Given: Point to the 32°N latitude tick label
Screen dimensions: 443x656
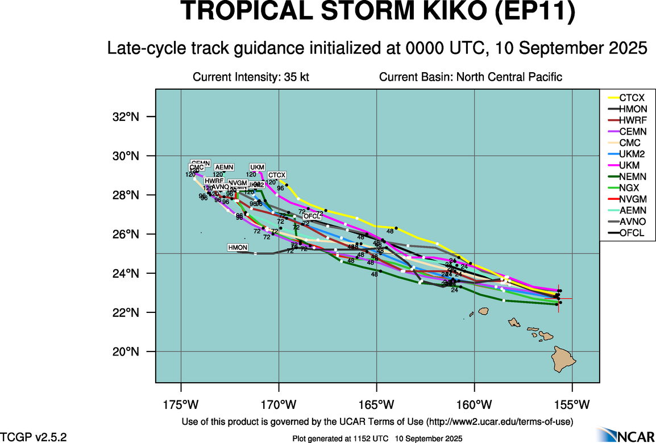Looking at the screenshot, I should click(127, 117).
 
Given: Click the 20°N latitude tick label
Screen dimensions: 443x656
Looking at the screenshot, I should click(127, 352).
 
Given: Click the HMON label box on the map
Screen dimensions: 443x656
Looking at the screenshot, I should click(238, 248).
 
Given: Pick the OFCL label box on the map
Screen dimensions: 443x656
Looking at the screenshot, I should click(312, 216).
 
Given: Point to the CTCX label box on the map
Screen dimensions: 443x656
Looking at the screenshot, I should click(277, 175).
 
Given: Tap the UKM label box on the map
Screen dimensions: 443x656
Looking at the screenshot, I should click(257, 167).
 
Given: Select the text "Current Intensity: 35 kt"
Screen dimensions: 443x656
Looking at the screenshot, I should click(251, 77).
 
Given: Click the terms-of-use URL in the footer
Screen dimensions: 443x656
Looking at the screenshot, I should click(500, 421).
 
